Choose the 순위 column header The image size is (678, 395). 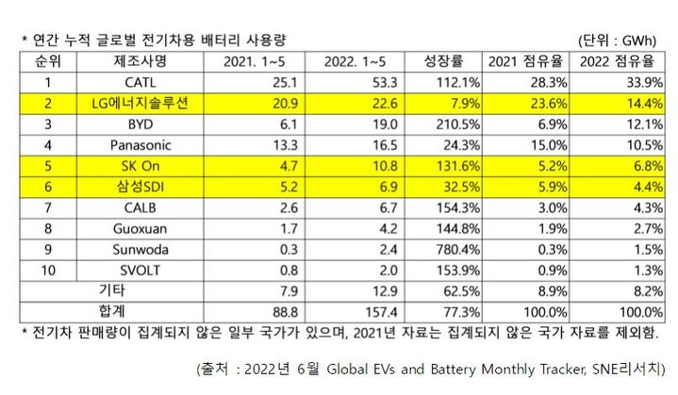click(44, 62)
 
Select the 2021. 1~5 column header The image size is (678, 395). click(250, 62)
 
